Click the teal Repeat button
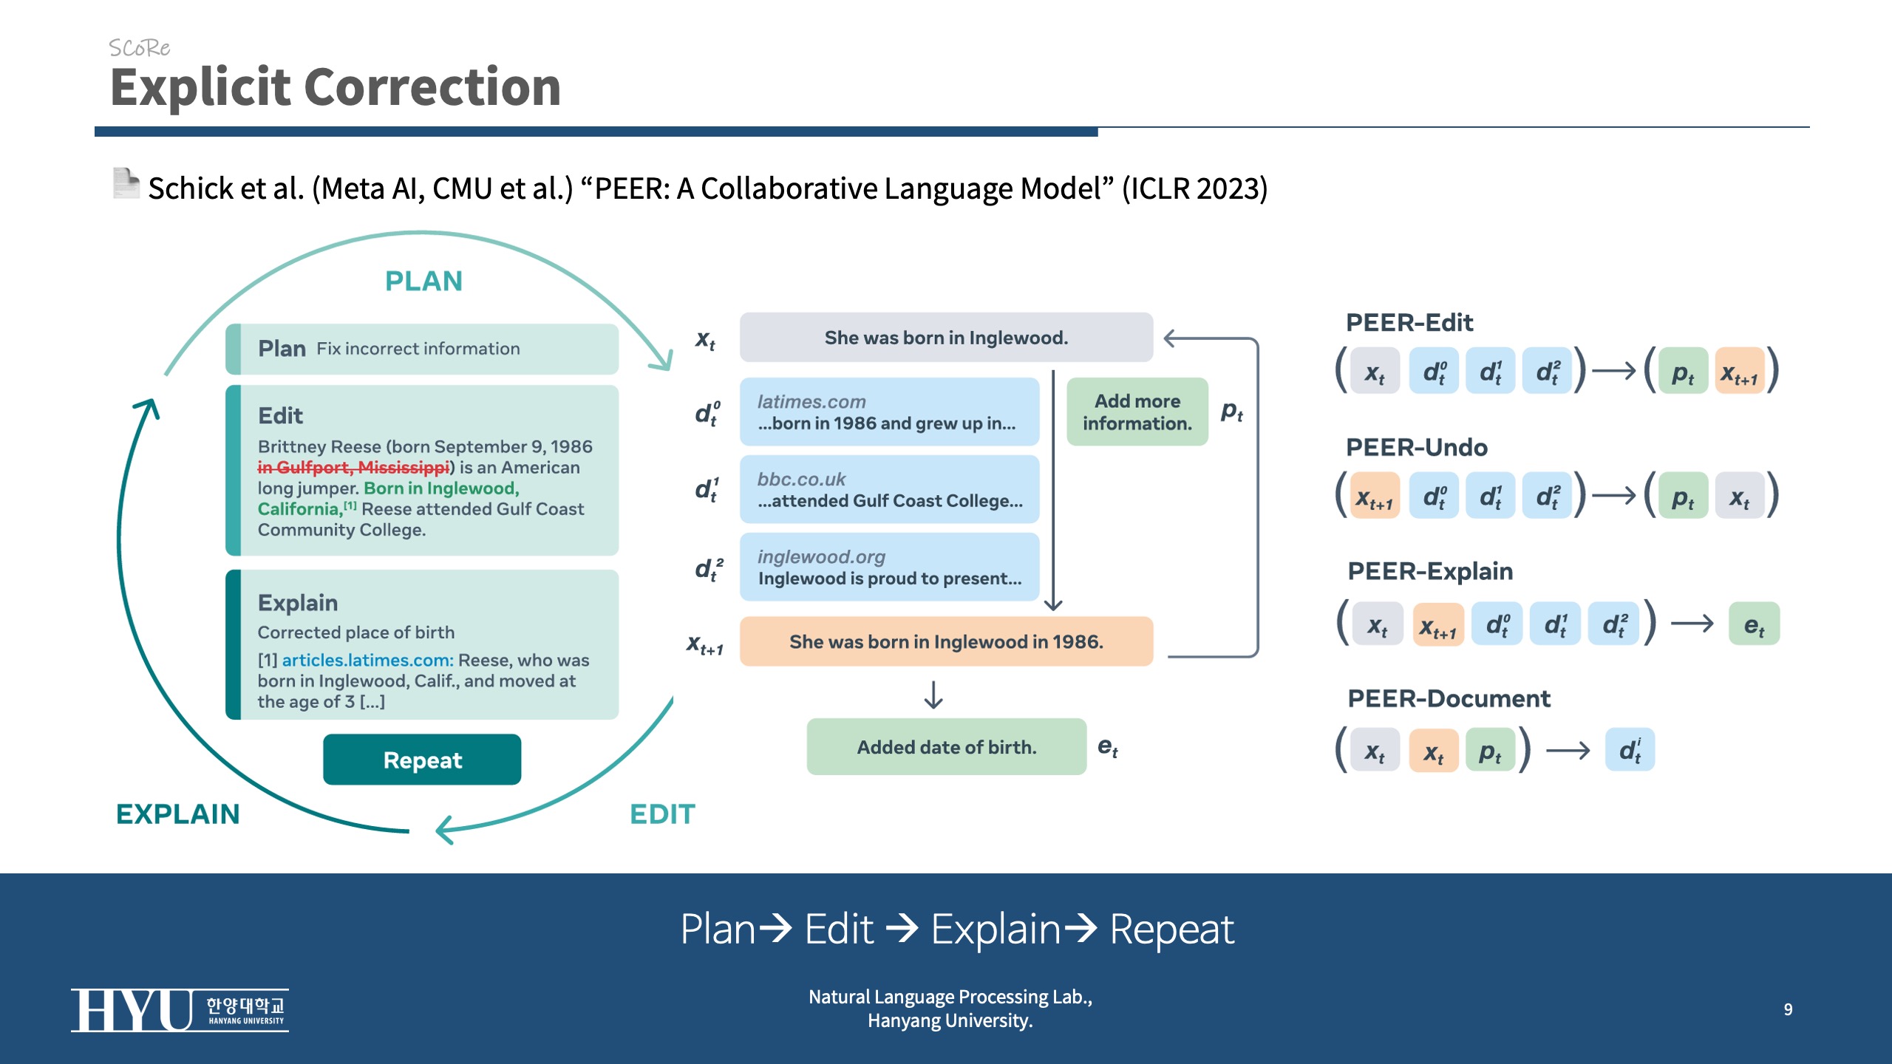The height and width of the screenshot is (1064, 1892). [422, 760]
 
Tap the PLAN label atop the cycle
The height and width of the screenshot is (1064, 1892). [423, 282]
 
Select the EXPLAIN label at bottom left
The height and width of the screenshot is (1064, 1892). [178, 814]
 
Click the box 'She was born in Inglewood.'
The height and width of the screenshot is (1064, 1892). [946, 338]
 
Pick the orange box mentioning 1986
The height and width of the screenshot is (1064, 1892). [946, 641]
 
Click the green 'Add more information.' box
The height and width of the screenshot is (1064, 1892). [1137, 412]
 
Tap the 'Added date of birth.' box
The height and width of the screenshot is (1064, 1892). [946, 747]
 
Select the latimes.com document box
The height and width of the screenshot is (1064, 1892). [889, 412]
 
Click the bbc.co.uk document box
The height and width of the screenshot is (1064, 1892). [889, 490]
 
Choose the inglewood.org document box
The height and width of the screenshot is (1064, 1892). [889, 567]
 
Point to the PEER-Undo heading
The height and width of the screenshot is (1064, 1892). [1416, 448]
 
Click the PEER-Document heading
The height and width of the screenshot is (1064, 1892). [1449, 699]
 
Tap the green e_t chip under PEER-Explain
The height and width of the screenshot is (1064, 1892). [1754, 625]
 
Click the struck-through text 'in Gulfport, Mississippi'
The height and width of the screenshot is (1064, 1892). [353, 468]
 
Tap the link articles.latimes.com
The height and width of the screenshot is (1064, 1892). [367, 660]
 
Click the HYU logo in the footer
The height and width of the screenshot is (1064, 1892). [180, 1010]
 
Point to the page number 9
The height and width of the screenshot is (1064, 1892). [1788, 1009]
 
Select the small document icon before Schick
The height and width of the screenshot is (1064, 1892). [126, 183]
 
